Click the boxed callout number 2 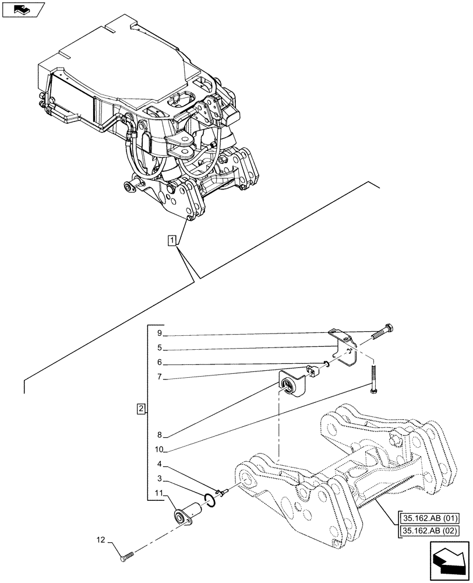click(x=141, y=409)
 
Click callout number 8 click(x=158, y=434)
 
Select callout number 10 click(x=160, y=449)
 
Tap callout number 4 click(x=158, y=465)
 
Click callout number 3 click(x=158, y=479)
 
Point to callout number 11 click(x=159, y=494)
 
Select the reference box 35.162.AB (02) click(x=429, y=531)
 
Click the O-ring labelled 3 click(x=210, y=498)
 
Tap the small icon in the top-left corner click(x=22, y=9)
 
